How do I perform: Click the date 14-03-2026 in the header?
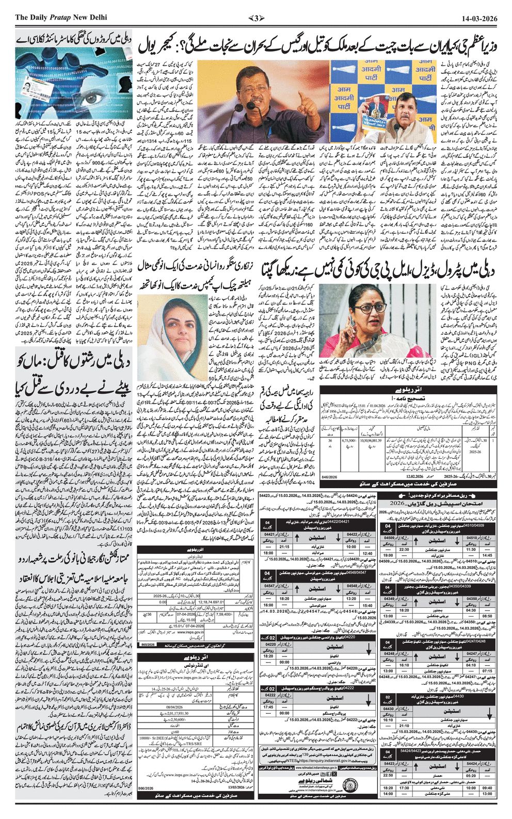[x=479, y=18]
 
